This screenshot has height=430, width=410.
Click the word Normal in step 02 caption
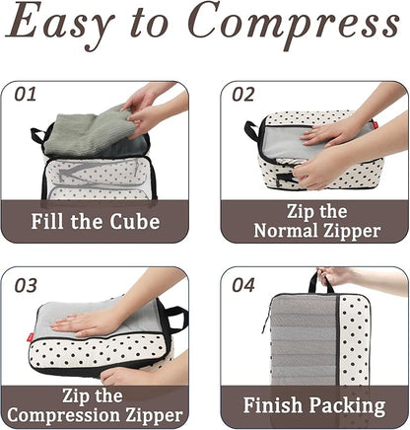288,231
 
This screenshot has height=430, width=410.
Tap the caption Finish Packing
313,405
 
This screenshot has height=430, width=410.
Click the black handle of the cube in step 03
176,319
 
